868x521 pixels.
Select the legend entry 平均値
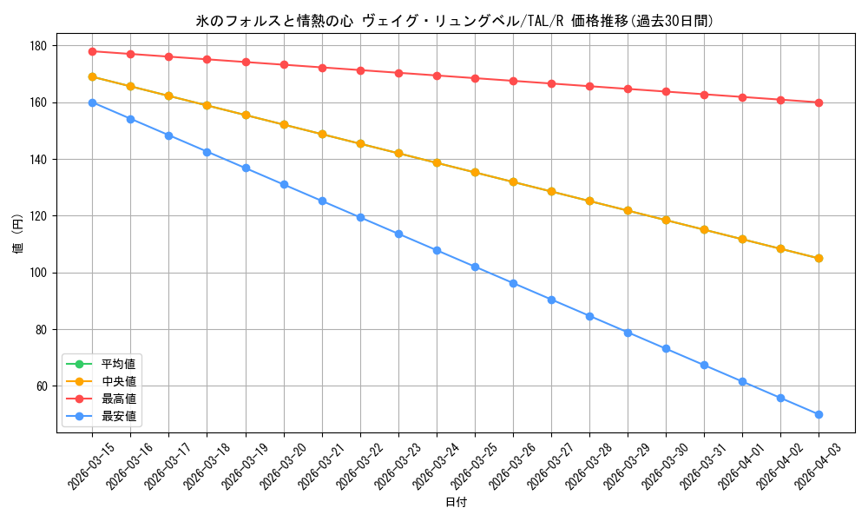(118, 364)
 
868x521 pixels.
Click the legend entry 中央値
(118, 381)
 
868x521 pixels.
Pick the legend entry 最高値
(118, 399)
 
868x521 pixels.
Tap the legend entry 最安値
(118, 416)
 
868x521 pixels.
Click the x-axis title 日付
(456, 503)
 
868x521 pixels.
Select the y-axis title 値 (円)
(18, 235)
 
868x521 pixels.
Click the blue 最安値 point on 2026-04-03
(819, 414)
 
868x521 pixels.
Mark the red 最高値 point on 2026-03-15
(92, 51)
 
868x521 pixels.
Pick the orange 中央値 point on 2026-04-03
(819, 258)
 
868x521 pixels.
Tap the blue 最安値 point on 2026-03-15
(92, 102)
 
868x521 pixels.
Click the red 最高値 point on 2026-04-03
(819, 102)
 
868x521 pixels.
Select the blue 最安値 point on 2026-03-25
(475, 267)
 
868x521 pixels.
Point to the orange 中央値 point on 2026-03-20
(284, 125)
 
